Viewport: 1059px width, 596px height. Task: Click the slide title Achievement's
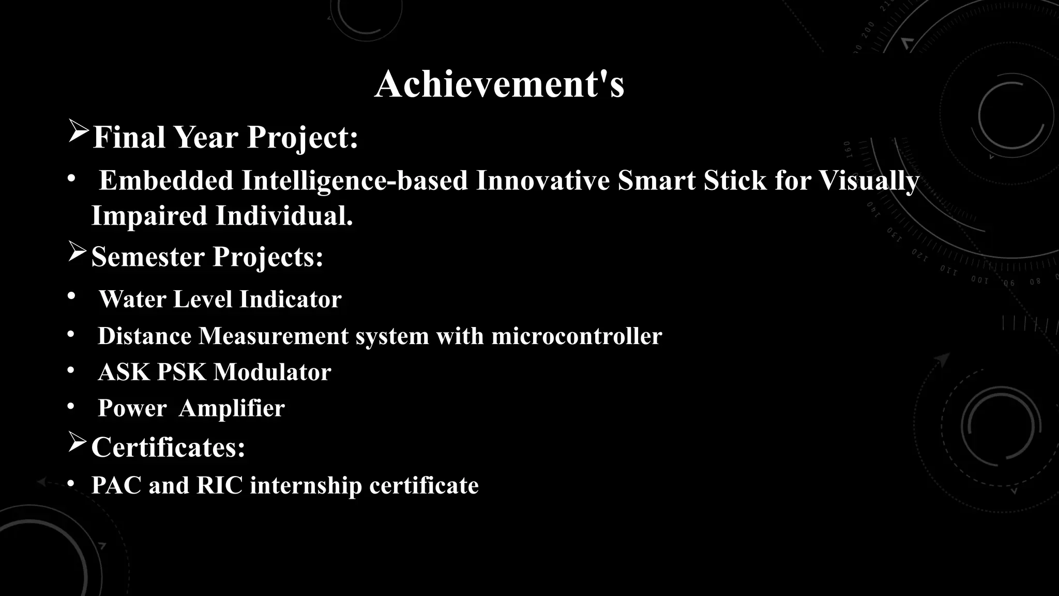[x=499, y=84]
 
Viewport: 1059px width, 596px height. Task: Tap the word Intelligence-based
[x=354, y=181]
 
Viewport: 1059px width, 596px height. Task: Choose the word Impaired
[x=149, y=216]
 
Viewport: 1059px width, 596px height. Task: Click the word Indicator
[x=290, y=299]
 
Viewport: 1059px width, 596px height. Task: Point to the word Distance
[x=144, y=336]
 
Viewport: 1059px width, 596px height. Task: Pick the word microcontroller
[x=577, y=336]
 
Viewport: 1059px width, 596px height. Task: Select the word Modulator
[x=273, y=372]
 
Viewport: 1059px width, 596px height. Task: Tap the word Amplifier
[x=232, y=408]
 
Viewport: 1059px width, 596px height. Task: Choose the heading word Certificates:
[x=168, y=447]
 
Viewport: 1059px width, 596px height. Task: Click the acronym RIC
[x=219, y=485]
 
